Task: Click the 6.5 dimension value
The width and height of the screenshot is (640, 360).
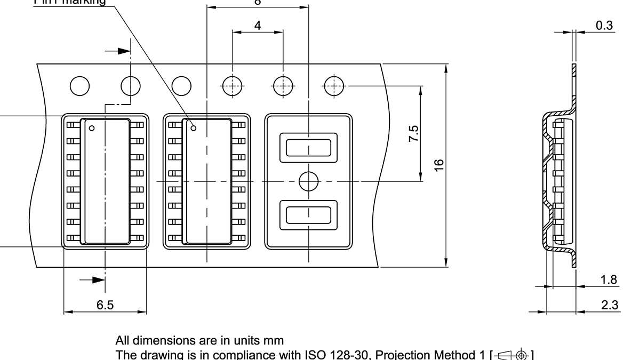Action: point(105,305)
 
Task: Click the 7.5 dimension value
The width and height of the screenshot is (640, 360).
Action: point(413,133)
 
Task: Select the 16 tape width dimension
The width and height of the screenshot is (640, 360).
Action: point(438,165)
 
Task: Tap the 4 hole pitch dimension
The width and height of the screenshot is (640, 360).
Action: point(258,25)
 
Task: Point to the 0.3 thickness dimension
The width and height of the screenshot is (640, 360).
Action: point(604,25)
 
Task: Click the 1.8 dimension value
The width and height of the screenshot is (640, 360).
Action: point(609,279)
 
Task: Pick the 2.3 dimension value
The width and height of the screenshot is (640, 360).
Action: point(609,305)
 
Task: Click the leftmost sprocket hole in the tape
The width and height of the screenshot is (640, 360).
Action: point(79,85)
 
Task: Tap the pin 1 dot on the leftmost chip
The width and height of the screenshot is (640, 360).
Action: point(92,128)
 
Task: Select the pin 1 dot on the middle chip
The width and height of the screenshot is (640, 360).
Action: point(194,128)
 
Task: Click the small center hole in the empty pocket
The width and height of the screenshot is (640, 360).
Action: point(308,182)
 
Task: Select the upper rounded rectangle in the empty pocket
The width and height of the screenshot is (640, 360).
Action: point(309,148)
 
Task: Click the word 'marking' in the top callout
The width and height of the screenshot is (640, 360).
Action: point(87,2)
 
